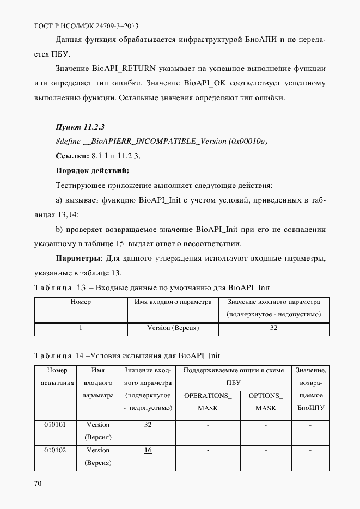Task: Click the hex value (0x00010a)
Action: [248, 142]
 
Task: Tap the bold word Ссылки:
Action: [72, 156]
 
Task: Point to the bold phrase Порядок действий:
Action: [92, 171]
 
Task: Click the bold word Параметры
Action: [78, 258]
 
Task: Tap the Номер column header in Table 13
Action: [81, 302]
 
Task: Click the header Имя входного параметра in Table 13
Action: [173, 302]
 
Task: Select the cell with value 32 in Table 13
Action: [273, 328]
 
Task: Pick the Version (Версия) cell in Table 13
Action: [173, 328]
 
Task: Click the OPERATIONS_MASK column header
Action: [208, 402]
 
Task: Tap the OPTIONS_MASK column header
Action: [265, 402]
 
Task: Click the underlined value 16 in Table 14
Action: [148, 450]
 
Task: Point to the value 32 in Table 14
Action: [148, 425]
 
